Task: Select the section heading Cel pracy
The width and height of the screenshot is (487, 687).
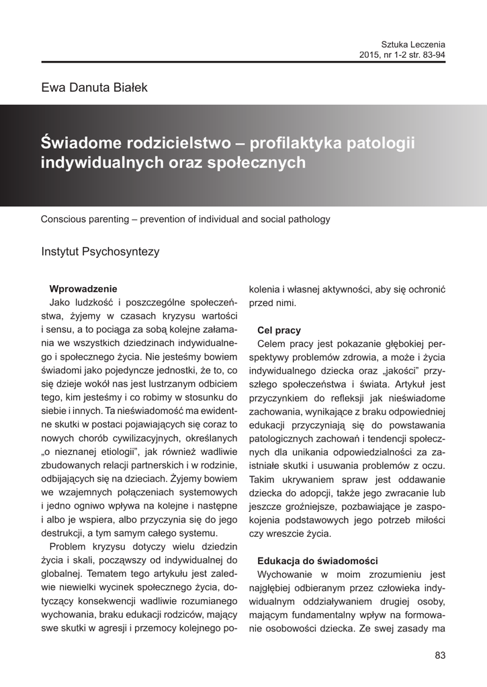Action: point(279,330)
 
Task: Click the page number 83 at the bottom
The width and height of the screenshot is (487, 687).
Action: point(440,655)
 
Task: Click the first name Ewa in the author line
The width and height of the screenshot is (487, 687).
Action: point(52,88)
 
